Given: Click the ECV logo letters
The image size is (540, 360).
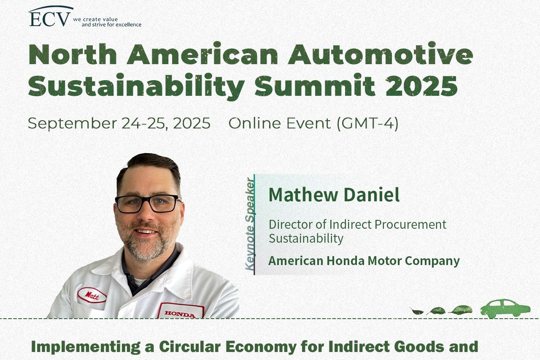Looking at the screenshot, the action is [x=50, y=19].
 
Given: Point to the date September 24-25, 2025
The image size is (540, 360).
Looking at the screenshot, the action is [x=119, y=123].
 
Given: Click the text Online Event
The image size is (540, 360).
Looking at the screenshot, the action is [x=279, y=123].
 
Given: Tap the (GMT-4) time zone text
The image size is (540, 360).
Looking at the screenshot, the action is [x=367, y=124].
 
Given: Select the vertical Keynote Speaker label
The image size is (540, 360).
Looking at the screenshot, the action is [x=249, y=224].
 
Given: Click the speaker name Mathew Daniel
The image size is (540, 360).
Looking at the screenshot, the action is [x=334, y=194].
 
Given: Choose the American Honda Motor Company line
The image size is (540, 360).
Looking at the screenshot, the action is [x=364, y=261].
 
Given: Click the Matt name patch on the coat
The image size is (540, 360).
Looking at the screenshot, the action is [x=92, y=295].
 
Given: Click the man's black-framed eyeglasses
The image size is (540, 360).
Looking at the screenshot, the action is [x=148, y=203].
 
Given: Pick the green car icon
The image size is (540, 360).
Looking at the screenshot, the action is [x=505, y=309].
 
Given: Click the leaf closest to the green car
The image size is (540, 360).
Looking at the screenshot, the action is [x=460, y=310].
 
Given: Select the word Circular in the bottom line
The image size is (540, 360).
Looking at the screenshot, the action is [x=190, y=346].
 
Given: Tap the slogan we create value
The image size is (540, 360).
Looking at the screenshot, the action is [x=95, y=19].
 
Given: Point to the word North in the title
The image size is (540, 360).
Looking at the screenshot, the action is [x=73, y=54].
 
